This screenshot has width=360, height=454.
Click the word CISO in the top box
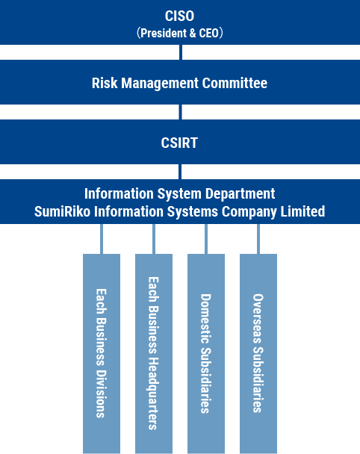pyautogui.click(x=179, y=16)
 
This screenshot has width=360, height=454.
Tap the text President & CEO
pyautogui.click(x=179, y=33)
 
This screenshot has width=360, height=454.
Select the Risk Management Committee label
pyautogui.click(x=179, y=83)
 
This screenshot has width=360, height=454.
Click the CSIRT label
pyautogui.click(x=179, y=143)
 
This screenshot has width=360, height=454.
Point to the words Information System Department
pyautogui.click(x=179, y=193)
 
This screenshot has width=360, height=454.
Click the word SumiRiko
pyautogui.click(x=63, y=211)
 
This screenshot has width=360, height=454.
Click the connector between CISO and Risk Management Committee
pyautogui.click(x=181, y=52)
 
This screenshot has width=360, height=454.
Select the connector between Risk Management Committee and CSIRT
pyautogui.click(x=181, y=112)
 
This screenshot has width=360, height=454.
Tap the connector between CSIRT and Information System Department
pyautogui.click(x=180, y=172)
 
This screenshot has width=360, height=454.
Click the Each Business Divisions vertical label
pyautogui.click(x=102, y=353)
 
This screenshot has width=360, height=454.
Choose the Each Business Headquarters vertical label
pyautogui.click(x=154, y=353)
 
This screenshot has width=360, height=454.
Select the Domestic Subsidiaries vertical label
pyautogui.click(x=206, y=353)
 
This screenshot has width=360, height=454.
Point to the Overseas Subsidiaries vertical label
pyautogui.click(x=258, y=353)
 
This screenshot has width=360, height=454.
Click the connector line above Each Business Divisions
pyautogui.click(x=102, y=239)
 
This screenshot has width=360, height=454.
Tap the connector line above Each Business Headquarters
pyautogui.click(x=154, y=239)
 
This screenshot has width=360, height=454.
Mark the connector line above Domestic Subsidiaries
pyautogui.click(x=206, y=239)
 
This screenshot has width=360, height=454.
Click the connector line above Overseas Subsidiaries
pyautogui.click(x=258, y=239)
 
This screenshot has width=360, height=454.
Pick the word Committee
pyautogui.click(x=235, y=83)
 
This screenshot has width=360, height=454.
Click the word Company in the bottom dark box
pyautogui.click(x=249, y=212)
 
